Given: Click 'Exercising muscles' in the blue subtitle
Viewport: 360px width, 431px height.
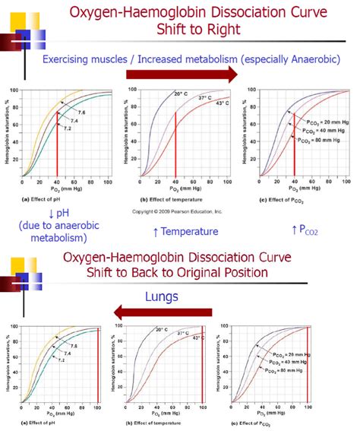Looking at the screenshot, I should click(x=88, y=59).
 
